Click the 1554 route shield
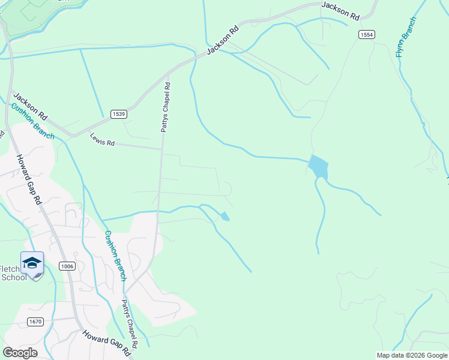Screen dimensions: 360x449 pyautogui.click(x=367, y=35)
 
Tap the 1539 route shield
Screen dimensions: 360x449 pyautogui.click(x=118, y=114)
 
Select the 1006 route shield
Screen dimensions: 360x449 pyautogui.click(x=67, y=266)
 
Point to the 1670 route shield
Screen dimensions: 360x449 pyautogui.click(x=35, y=322)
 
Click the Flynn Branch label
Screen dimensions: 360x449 pyautogui.click(x=405, y=37)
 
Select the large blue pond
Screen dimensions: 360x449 pyautogui.click(x=318, y=167)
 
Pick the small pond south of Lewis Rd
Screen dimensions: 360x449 pyautogui.click(x=224, y=216)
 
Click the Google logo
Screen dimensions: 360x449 pyautogui.click(x=20, y=352)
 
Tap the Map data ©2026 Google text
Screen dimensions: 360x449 pyautogui.click(x=412, y=355)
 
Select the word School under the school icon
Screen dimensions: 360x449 pyautogui.click(x=14, y=277)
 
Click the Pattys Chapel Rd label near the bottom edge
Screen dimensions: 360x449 pyautogui.click(x=130, y=324)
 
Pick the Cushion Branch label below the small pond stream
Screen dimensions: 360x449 pyautogui.click(x=115, y=255)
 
